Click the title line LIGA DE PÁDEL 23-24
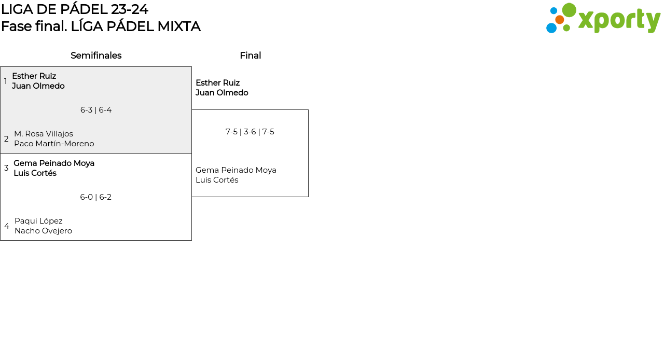75,9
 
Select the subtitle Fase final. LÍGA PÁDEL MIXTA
101,26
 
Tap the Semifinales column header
96,56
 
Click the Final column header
250,56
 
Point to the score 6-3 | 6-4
96,110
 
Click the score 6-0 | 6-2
96,197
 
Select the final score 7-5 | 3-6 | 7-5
250,132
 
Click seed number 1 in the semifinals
6,81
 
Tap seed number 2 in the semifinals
6,139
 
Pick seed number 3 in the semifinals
6,168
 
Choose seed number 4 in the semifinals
7,226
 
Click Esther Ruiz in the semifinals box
34,76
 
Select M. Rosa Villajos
44,134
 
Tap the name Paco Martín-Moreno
54,144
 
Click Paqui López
38,221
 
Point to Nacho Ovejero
43,231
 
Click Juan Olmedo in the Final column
222,93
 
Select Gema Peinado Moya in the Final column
236,170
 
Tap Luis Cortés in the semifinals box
35,173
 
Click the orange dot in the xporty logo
560,20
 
